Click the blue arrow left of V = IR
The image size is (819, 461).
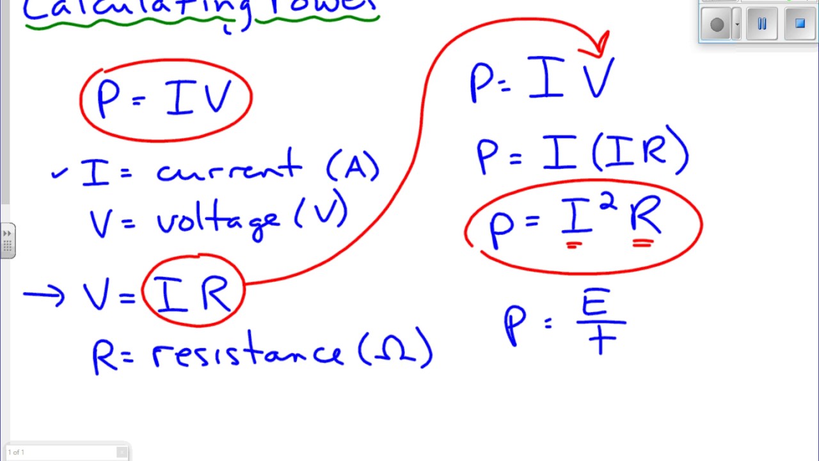click(44, 295)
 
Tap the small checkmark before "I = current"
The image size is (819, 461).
click(59, 173)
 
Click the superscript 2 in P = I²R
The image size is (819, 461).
click(608, 204)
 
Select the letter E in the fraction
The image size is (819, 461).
click(594, 303)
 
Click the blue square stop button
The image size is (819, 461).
click(800, 24)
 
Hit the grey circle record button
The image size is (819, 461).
click(717, 25)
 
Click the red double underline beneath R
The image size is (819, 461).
click(642, 243)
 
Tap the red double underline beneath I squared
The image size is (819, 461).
click(574, 244)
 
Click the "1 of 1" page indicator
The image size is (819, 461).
click(17, 452)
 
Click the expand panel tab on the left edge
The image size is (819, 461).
click(8, 241)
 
